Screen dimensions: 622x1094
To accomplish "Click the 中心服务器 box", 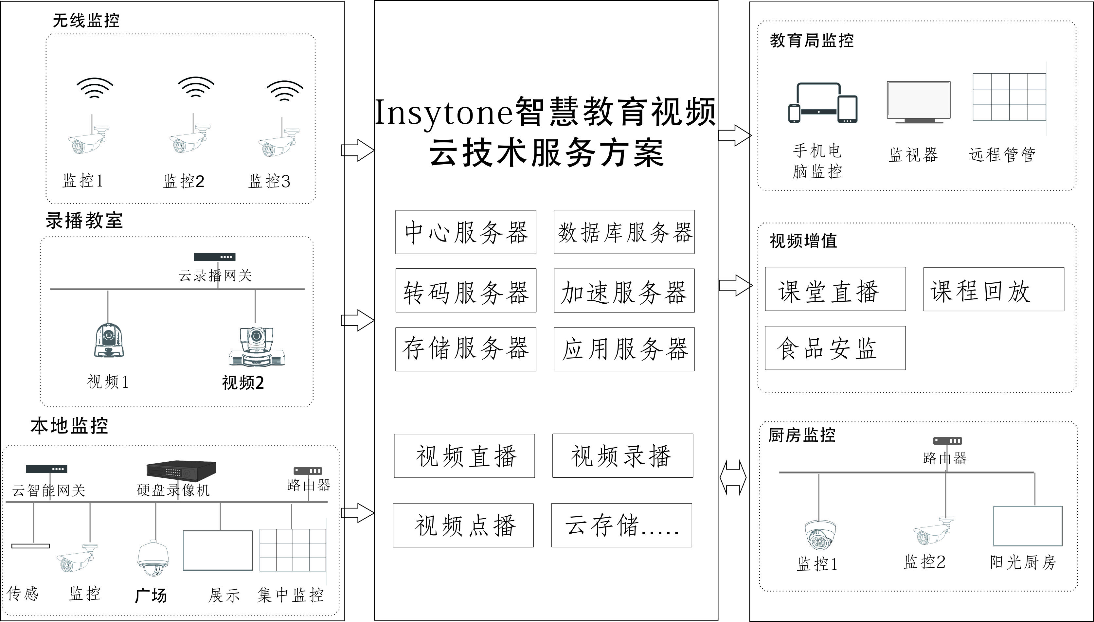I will coord(466,232).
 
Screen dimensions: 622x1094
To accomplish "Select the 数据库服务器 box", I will coord(624,232).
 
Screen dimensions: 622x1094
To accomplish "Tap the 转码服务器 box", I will coord(466,291).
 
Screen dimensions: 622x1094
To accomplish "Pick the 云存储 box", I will coord(621,525).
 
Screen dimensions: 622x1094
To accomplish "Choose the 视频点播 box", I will coord(463,525).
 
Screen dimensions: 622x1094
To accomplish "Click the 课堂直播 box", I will coord(835,289).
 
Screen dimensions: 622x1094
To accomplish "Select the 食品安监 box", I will coord(835,348).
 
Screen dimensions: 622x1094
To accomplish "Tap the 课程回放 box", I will coord(994,289).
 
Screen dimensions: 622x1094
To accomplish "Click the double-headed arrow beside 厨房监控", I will coord(733,477).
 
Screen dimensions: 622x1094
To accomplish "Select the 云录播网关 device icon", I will coord(214,257).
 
